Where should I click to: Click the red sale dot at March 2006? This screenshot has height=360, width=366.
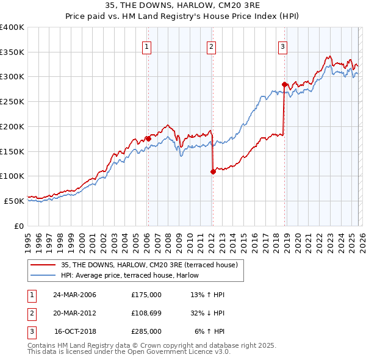[148, 139]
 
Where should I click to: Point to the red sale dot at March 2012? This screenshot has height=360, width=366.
[213, 171]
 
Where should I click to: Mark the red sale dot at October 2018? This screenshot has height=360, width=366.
[284, 84]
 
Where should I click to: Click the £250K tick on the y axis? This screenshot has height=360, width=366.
[12, 102]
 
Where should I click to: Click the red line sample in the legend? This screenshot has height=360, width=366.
[43, 264]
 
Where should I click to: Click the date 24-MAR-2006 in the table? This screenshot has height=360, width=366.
[75, 295]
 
